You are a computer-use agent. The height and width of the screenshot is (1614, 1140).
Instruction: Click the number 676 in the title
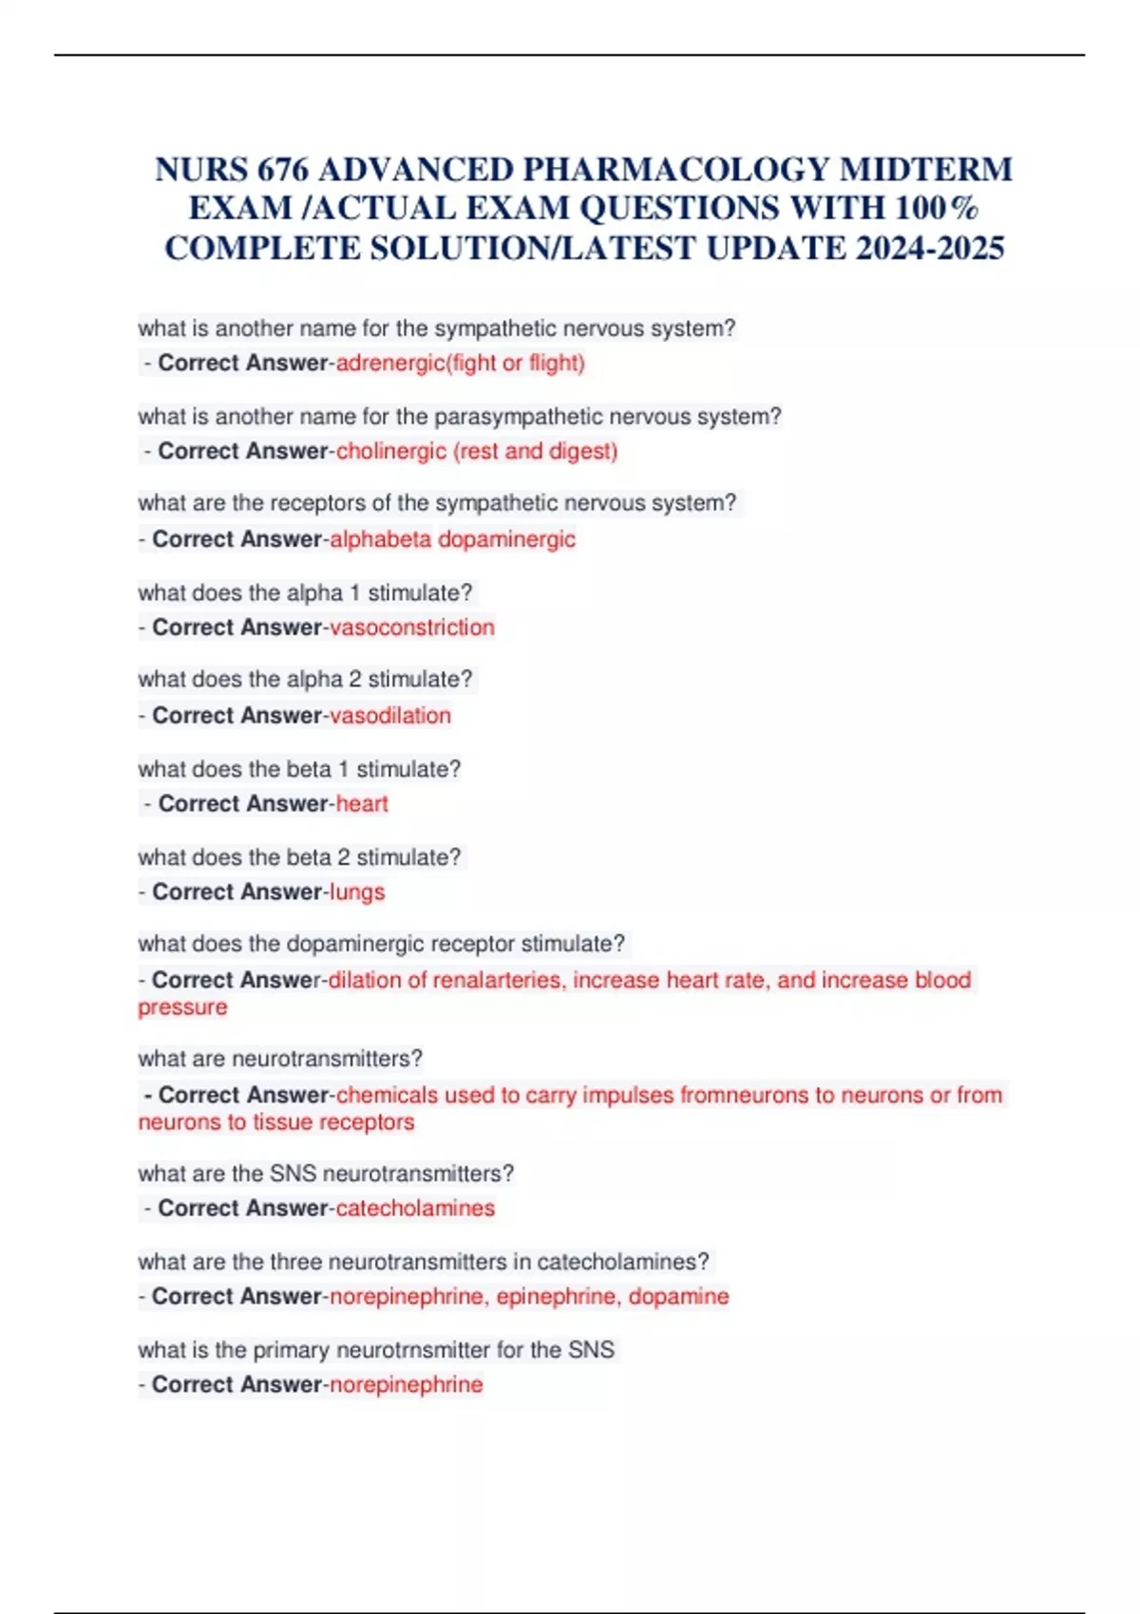tap(282, 170)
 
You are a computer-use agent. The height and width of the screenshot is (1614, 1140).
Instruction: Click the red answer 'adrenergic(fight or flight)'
tap(460, 363)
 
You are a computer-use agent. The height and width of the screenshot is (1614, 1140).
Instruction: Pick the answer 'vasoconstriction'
tap(411, 628)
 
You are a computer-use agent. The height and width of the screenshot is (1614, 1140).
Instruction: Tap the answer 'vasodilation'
tap(389, 716)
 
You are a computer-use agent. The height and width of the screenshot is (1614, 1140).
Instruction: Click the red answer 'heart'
tap(362, 804)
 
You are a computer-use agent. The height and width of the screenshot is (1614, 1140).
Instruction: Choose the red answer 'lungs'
tap(356, 892)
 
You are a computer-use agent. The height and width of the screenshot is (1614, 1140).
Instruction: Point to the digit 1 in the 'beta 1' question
tap(344, 769)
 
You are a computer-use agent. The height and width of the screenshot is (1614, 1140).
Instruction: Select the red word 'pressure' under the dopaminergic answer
tap(182, 1007)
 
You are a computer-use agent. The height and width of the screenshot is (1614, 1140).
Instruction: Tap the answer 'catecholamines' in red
tap(415, 1209)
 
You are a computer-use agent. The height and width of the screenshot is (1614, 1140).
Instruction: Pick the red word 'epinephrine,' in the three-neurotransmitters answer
tap(555, 1297)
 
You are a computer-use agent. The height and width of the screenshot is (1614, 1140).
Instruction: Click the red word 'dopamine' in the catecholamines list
tap(678, 1297)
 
